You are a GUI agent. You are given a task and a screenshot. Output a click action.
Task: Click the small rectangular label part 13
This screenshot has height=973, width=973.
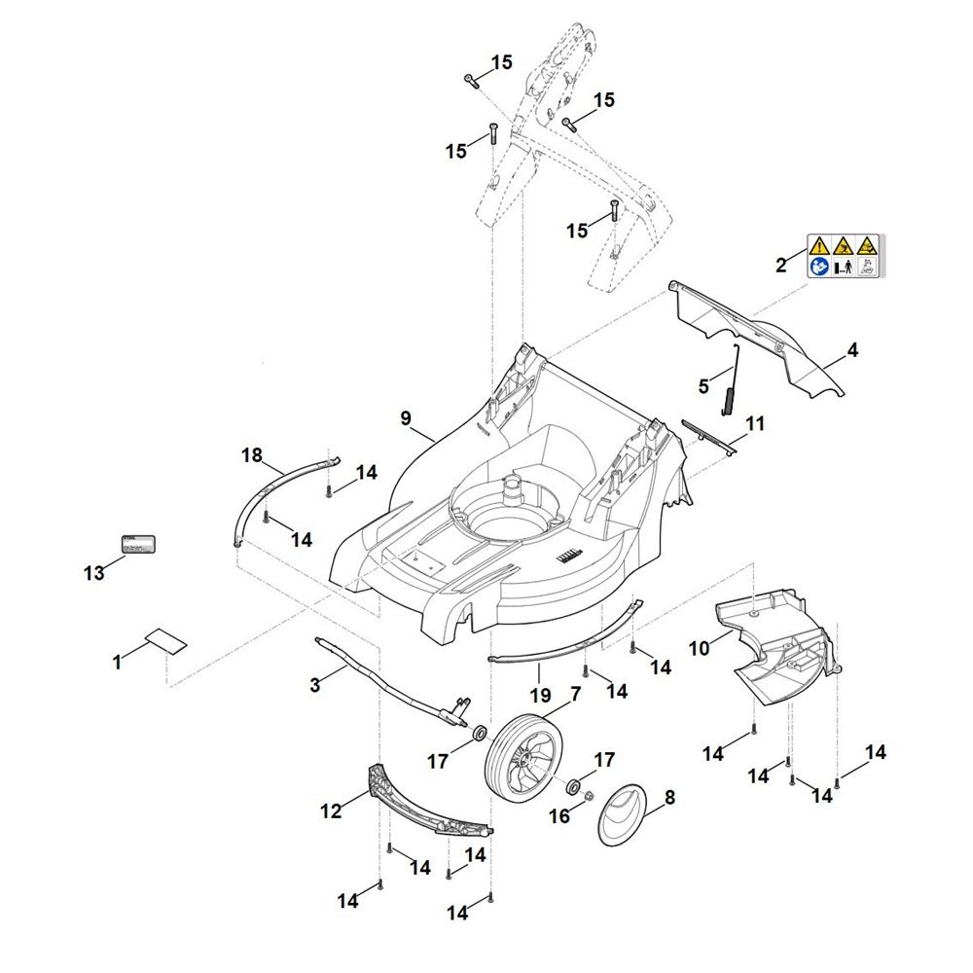pyautogui.click(x=137, y=545)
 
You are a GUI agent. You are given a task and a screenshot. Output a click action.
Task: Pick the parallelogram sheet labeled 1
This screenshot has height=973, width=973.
pyautogui.click(x=164, y=641)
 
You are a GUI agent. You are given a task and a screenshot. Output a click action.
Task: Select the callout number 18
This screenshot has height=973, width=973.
pyautogui.click(x=252, y=454)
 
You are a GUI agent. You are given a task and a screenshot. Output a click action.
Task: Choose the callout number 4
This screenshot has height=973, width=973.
pyautogui.click(x=852, y=349)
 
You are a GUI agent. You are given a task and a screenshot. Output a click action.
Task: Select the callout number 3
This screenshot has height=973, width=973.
pyautogui.click(x=314, y=685)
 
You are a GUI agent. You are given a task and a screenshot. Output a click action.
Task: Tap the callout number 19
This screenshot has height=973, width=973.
pyautogui.click(x=541, y=695)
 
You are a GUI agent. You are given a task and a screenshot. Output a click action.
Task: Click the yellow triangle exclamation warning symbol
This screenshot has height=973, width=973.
pyautogui.click(x=818, y=245)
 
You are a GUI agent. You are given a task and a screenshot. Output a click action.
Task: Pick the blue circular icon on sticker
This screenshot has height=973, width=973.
pyautogui.click(x=818, y=267)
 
